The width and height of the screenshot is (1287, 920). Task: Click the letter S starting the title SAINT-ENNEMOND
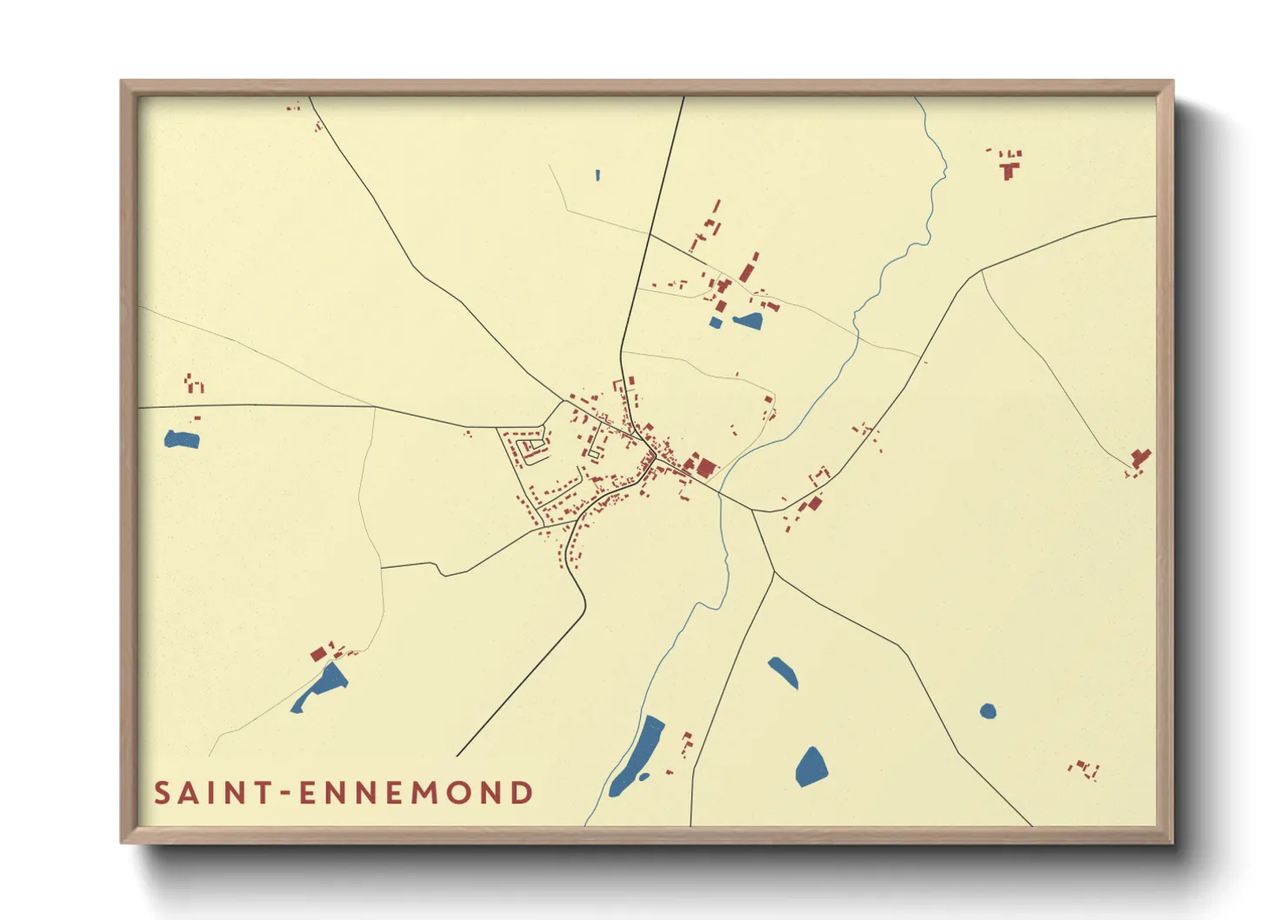coord(163,793)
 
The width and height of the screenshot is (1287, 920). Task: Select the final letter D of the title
coord(522,793)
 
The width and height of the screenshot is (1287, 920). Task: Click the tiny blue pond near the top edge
coord(597,175)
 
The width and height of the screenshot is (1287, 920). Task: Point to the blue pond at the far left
coord(182,439)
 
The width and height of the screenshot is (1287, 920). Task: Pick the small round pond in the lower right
coord(988,711)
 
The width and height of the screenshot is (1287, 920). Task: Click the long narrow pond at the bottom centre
coord(637,755)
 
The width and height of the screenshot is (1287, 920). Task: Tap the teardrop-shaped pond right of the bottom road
coord(811,767)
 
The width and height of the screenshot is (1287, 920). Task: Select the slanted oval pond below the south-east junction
coord(783,672)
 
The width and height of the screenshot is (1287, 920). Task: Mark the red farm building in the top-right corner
coord(1009,167)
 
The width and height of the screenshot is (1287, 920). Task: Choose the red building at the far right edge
coord(1139,459)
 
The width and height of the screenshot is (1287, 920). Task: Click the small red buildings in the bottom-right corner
coord(1084,769)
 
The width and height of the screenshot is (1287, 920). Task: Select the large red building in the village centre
coord(705,468)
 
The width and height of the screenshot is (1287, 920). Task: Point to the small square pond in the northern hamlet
coord(715,323)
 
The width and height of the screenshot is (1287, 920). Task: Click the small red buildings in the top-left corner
coord(294,108)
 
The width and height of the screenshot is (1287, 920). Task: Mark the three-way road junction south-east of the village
coord(773,573)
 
